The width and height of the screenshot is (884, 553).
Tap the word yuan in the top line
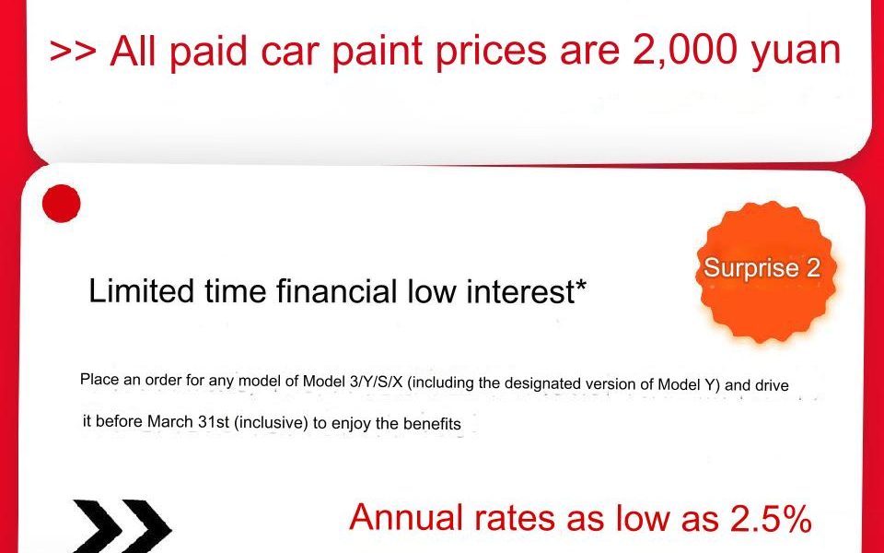pos(795,54)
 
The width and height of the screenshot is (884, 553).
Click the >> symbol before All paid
pos(73,51)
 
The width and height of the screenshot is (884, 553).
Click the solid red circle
pos(62,203)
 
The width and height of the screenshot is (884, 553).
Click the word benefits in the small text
pos(432,423)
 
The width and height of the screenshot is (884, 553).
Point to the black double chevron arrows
pos(122,527)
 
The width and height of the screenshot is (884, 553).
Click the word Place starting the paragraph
pos(99,379)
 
